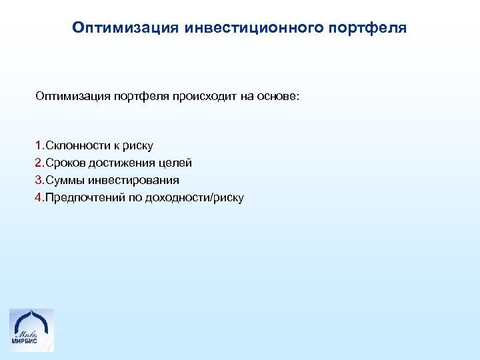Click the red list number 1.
[x=39, y=145]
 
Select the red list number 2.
[x=39, y=163]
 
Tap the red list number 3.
[x=39, y=180]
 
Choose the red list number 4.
[x=39, y=197]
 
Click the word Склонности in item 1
[x=73, y=145]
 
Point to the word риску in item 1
[x=139, y=146]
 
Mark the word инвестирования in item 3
[x=134, y=180]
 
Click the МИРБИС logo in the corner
[x=31, y=329]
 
